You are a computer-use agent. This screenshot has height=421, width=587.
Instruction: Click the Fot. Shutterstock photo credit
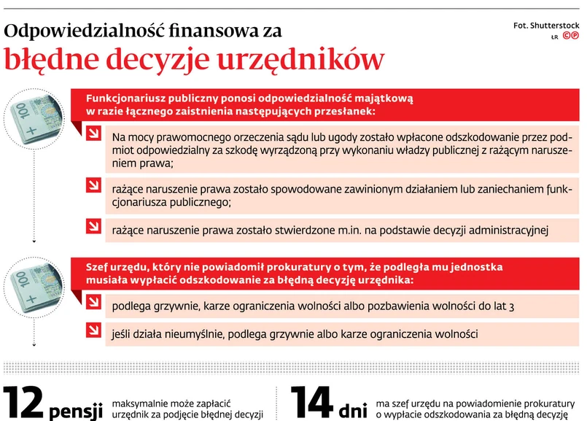coord(546,26)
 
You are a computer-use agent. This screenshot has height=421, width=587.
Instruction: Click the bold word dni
coord(353,409)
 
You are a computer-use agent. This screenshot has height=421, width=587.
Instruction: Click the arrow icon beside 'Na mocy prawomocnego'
coord(93,134)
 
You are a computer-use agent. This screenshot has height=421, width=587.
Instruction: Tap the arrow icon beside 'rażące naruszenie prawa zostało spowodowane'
coord(93,184)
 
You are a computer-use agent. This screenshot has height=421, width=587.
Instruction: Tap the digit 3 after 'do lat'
coord(512,306)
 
